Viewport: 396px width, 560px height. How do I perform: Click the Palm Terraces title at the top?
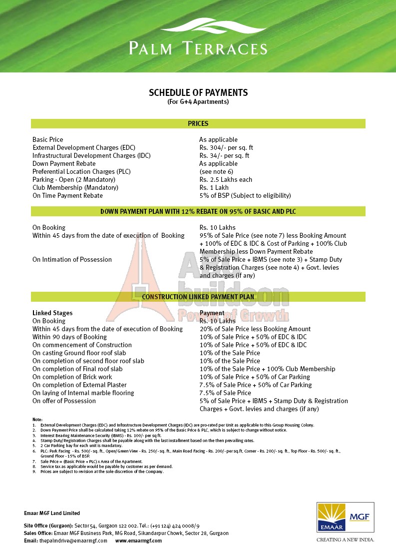pos(198,48)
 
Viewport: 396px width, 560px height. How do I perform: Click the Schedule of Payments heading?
pos(198,93)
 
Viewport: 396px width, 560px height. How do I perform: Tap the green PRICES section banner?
pos(198,123)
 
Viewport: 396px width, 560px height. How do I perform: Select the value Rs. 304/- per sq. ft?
pos(226,148)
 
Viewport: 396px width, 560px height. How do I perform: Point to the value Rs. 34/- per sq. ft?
pos(224,156)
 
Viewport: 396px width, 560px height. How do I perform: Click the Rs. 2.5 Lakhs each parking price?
pos(226,180)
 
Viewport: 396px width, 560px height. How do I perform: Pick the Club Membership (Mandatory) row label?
pos(75,188)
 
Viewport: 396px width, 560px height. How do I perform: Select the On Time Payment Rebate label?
pos(67,196)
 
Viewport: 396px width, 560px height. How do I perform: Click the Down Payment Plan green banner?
pos(198,211)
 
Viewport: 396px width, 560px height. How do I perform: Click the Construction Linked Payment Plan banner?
pos(198,297)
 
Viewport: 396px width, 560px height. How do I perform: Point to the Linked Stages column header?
pos(52,313)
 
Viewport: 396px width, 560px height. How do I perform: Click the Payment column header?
pos(212,313)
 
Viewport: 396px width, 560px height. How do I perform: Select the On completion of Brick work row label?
pos(72,377)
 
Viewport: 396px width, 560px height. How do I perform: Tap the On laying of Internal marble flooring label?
pos(83,393)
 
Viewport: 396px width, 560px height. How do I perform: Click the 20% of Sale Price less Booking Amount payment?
pos(255,329)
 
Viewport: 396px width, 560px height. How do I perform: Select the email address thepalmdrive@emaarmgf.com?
pos(73,541)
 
